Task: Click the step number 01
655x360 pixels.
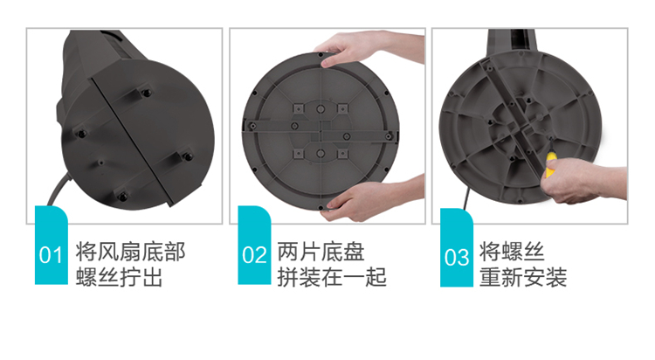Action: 51,254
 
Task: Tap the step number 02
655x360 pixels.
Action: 254,254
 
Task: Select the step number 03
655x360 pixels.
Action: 457,257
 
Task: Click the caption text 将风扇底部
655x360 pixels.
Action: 130,252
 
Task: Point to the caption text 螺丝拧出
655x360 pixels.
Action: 119,277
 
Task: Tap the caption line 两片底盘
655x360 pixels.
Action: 321,252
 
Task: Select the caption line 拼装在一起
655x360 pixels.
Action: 332,277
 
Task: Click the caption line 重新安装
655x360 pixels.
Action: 523,277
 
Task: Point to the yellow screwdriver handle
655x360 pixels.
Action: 551,165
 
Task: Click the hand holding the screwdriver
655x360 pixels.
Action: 583,181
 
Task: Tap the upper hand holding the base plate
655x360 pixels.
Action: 368,48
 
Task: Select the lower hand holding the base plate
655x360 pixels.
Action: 372,201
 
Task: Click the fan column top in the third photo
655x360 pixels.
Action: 512,40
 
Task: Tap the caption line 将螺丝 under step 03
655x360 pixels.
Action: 512,252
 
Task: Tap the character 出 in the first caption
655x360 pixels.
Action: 152,277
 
